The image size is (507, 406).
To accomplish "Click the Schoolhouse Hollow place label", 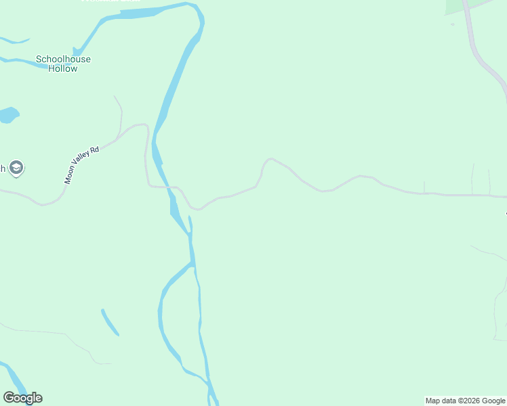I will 63,64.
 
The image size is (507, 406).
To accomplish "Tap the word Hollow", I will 63,69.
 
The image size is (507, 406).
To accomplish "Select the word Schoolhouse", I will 63,59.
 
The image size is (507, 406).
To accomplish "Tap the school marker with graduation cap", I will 17,168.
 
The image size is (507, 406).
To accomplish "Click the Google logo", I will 22,398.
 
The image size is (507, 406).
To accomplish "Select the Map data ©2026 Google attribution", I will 465,401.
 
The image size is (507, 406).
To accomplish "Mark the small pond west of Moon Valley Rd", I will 7,115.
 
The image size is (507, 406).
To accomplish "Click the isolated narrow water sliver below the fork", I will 110,322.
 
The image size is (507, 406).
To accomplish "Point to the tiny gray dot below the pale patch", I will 453,24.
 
